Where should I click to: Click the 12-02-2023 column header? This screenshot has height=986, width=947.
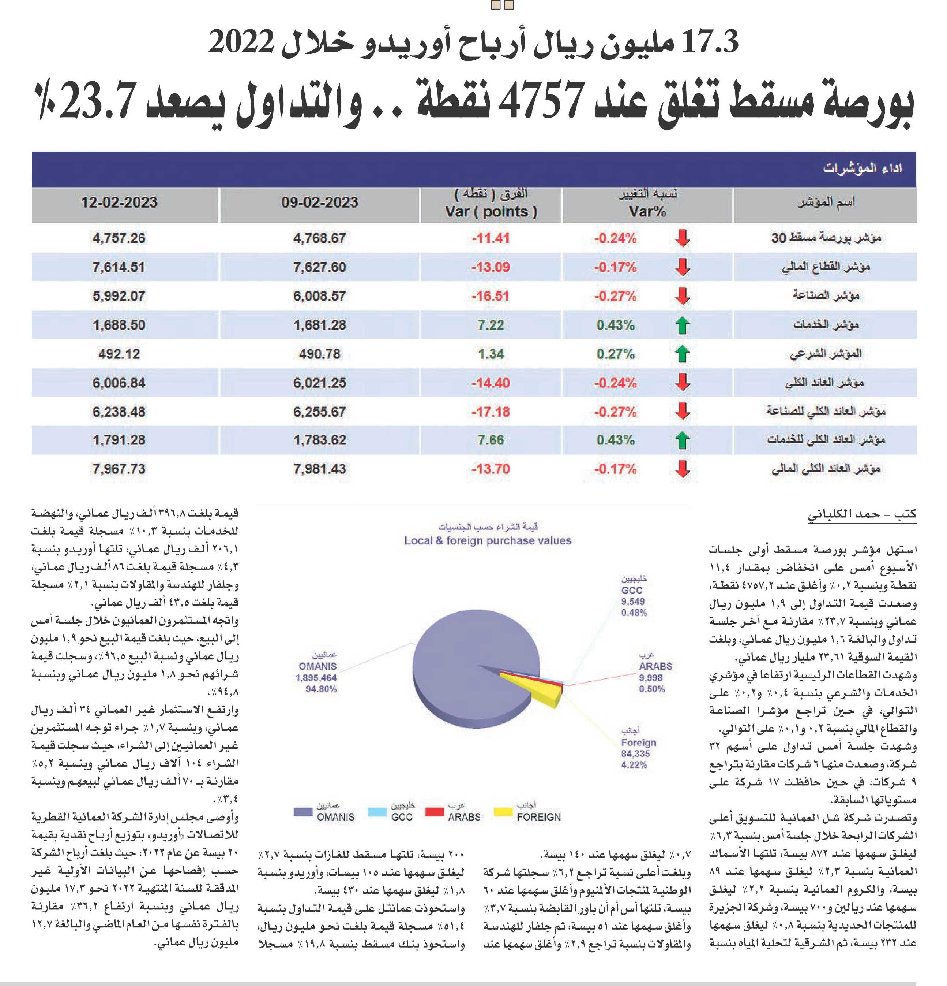[x=119, y=203]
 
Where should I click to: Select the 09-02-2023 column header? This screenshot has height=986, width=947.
[x=320, y=203]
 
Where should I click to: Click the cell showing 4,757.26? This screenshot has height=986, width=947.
[x=119, y=238]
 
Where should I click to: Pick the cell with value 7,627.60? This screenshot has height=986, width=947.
[x=320, y=267]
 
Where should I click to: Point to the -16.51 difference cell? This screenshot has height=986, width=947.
[x=491, y=296]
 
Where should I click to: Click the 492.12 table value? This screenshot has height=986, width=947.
[x=119, y=354]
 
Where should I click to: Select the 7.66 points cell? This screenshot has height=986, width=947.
[x=491, y=440]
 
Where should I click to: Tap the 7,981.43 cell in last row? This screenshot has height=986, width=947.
[x=320, y=469]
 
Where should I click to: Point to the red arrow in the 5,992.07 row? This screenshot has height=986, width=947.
[x=682, y=296]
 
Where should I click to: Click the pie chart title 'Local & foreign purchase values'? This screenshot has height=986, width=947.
[x=488, y=541]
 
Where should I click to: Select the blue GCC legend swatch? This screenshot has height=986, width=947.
[x=377, y=812]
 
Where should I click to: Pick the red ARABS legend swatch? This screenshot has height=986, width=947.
[x=434, y=812]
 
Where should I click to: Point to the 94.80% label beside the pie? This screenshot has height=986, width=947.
[x=321, y=689]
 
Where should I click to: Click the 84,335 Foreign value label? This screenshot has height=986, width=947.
[x=635, y=754]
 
